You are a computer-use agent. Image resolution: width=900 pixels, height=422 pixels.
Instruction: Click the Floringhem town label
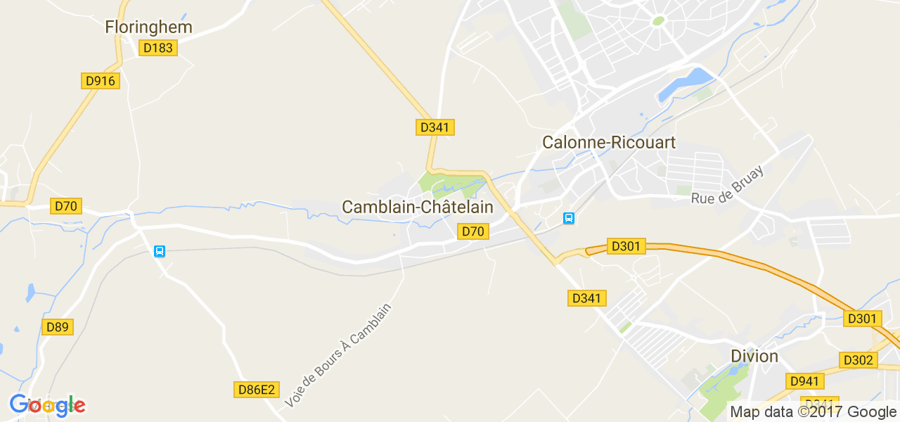[148, 27]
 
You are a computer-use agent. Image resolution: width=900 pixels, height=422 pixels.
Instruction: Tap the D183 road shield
[158, 48]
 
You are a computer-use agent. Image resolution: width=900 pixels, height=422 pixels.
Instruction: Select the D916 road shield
[100, 81]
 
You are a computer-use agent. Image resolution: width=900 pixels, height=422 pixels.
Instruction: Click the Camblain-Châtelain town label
[418, 207]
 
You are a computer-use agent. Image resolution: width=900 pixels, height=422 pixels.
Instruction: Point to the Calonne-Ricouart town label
[609, 143]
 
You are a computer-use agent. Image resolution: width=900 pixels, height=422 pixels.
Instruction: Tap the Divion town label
[754, 356]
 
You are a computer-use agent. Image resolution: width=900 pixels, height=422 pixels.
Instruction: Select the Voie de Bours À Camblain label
[337, 355]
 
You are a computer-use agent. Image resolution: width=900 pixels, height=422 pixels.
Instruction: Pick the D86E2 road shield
[256, 389]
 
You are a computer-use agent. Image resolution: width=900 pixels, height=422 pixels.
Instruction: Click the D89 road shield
[58, 327]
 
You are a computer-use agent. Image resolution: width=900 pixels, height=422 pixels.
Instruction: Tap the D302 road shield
[859, 360]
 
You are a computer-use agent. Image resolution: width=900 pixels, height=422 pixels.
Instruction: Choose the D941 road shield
[804, 381]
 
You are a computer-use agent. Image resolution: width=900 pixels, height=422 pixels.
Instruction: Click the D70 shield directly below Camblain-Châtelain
[472, 231]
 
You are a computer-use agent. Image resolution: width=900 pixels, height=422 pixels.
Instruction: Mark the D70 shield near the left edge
[66, 206]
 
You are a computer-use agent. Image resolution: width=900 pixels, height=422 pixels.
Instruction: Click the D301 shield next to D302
[862, 319]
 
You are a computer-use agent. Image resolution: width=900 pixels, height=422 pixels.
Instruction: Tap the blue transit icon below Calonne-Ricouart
[569, 219]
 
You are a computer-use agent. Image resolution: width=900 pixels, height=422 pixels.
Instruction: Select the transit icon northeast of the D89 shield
[160, 251]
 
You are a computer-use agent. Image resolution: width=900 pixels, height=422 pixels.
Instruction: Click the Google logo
[48, 405]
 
